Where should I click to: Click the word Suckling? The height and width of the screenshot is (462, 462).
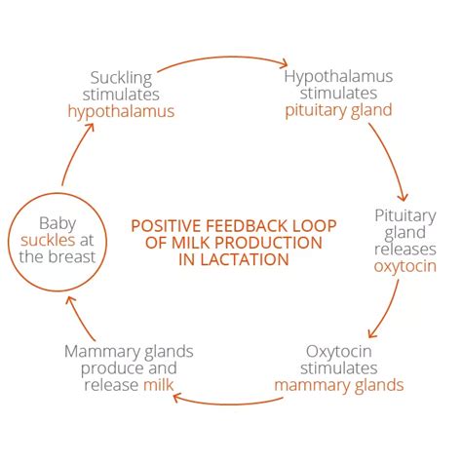click(x=121, y=78)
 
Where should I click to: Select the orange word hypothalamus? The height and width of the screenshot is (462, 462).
click(x=121, y=111)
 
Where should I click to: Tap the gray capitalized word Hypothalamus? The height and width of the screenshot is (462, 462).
click(x=338, y=77)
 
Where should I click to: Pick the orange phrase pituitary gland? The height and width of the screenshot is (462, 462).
click(x=338, y=110)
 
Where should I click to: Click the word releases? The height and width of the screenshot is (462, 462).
click(x=405, y=250)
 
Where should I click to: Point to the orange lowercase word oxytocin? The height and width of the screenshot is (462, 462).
click(x=405, y=266)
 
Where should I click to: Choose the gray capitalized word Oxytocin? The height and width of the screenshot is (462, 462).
click(x=339, y=352)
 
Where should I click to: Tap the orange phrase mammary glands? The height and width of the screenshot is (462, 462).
click(x=339, y=386)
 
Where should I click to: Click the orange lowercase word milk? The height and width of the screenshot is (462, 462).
click(x=159, y=385)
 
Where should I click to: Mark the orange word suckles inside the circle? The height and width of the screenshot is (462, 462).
click(x=48, y=240)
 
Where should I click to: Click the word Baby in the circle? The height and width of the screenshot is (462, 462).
click(x=58, y=224)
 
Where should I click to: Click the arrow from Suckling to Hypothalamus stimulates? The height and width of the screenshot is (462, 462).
click(x=222, y=58)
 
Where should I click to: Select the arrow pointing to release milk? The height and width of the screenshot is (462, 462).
click(x=227, y=404)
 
